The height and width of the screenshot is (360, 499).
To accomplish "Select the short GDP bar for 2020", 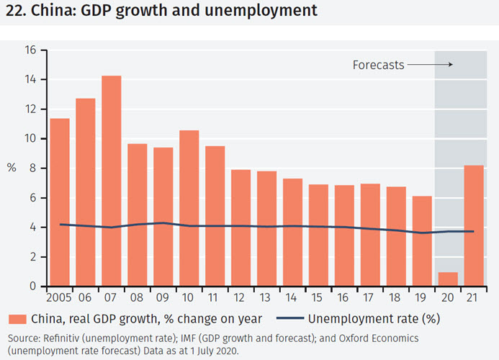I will coord(447,279).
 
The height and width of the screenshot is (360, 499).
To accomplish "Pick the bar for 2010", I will coord(189,208).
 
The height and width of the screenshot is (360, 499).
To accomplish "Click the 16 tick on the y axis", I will coord(30,50).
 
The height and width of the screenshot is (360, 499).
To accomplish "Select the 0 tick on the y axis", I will coord(32,287).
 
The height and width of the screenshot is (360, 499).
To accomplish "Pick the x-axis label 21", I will coord(473,297).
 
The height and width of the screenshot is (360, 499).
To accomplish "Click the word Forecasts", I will coord(378,65).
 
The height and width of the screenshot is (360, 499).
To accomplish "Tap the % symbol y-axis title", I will coord(12,168).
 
